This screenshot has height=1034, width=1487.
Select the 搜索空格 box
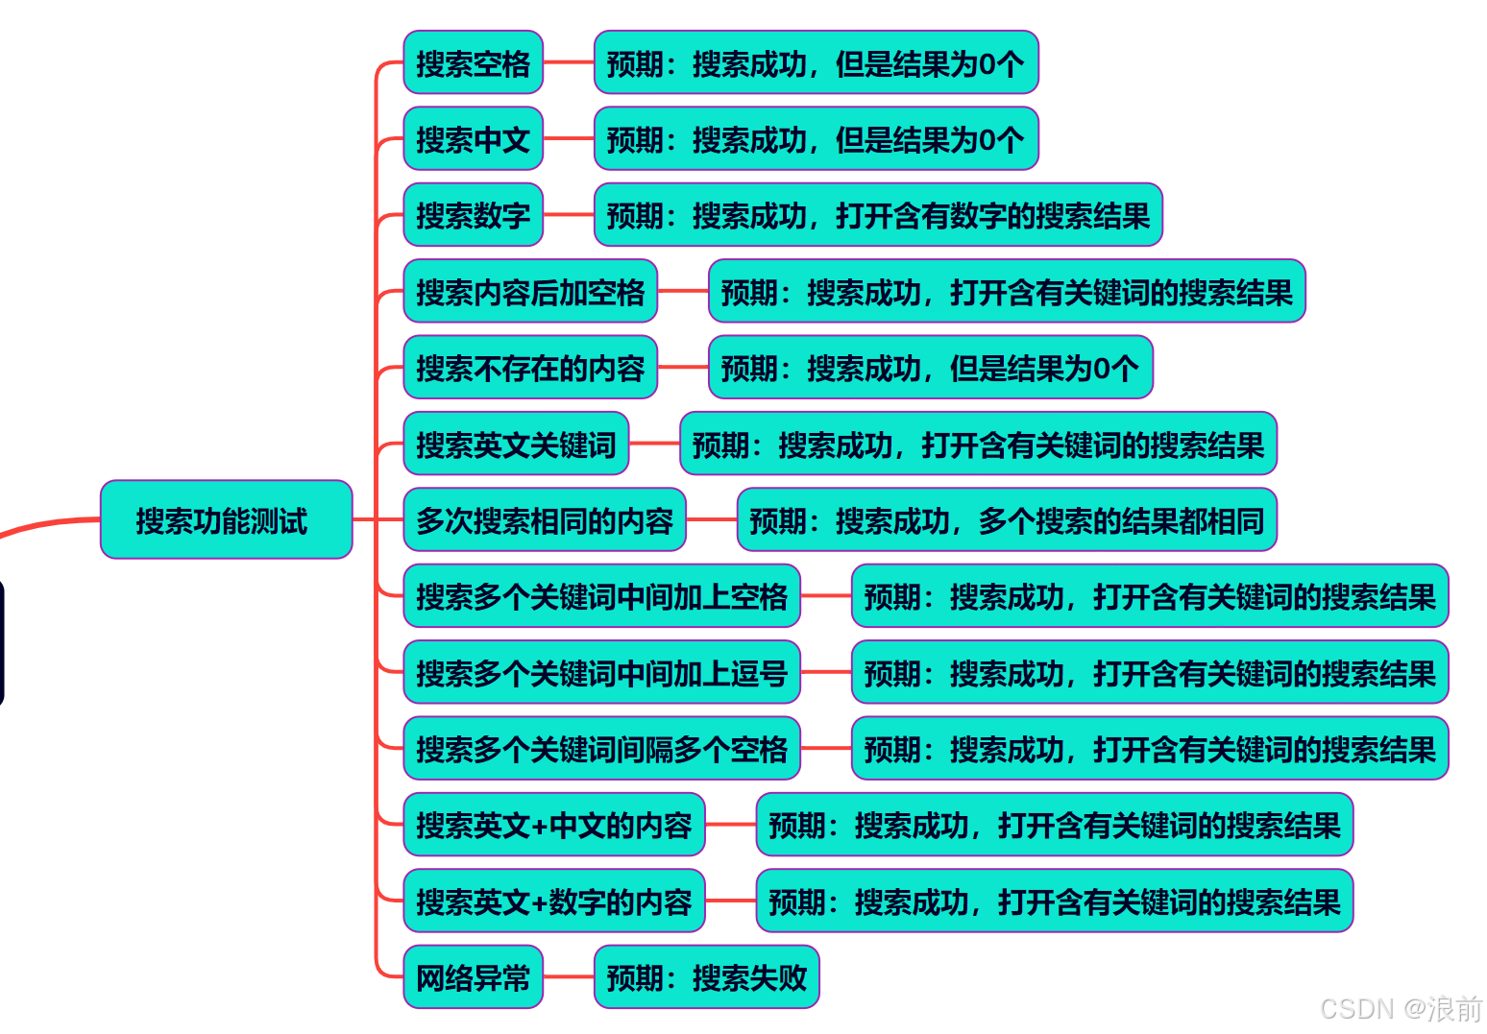click(473, 62)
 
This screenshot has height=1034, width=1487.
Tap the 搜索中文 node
click(473, 138)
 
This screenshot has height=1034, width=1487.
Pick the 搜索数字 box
click(473, 215)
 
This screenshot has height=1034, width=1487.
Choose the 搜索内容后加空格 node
click(530, 291)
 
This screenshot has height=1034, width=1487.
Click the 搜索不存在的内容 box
click(530, 367)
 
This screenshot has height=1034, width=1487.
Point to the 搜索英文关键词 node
click(516, 444)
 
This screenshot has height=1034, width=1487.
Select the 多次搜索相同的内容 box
click(545, 519)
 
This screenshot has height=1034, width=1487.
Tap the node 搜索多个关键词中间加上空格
click(601, 596)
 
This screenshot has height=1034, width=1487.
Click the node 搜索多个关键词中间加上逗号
click(601, 672)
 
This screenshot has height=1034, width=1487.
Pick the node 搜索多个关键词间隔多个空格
click(601, 748)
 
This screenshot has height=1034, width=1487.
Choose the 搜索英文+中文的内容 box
click(554, 825)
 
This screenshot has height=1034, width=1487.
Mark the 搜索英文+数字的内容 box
click(554, 901)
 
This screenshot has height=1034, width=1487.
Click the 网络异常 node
click(473, 977)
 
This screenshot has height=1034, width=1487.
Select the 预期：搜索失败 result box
click(706, 977)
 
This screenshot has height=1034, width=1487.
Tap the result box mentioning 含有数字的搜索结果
click(878, 215)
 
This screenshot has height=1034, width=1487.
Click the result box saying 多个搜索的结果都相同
click(1007, 519)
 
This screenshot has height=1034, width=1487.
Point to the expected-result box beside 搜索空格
click(816, 62)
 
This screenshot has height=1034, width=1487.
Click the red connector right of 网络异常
click(569, 977)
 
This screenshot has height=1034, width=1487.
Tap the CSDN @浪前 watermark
click(1401, 1008)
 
